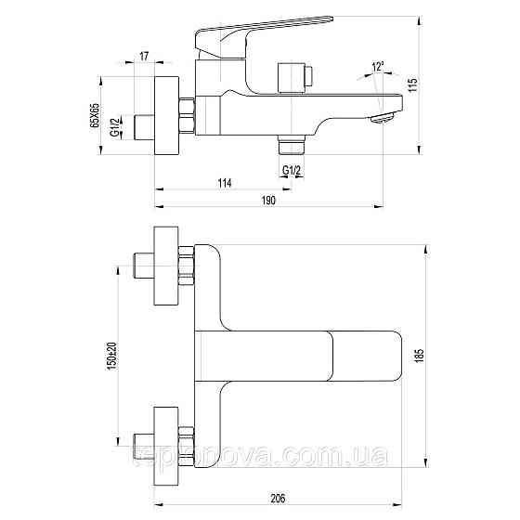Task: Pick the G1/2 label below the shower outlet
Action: [291, 168]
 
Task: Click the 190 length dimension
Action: [269, 201]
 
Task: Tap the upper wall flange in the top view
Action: [165, 270]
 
